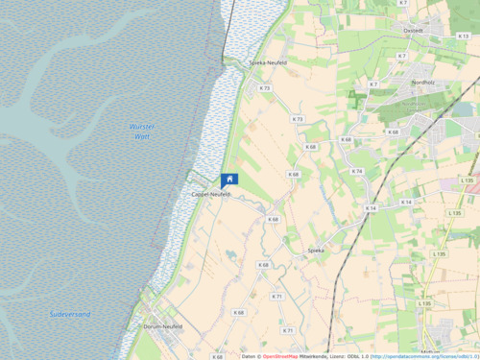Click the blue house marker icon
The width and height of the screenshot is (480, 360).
(x=229, y=180)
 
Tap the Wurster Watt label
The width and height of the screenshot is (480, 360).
(x=141, y=132)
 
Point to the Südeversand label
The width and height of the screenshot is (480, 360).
(x=70, y=314)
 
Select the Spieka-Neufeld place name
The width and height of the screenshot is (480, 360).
(x=268, y=62)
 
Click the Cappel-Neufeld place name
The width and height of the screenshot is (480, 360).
(x=211, y=194)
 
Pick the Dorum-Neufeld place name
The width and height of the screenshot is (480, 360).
(x=162, y=326)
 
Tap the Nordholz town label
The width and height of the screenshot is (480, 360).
(x=422, y=83)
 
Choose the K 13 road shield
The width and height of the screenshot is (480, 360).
(x=464, y=36)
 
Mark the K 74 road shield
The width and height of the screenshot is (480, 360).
(x=357, y=171)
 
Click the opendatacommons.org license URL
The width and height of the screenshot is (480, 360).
(x=422, y=354)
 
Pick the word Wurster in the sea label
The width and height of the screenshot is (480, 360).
(x=141, y=127)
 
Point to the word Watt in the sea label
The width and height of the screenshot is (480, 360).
(x=141, y=137)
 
